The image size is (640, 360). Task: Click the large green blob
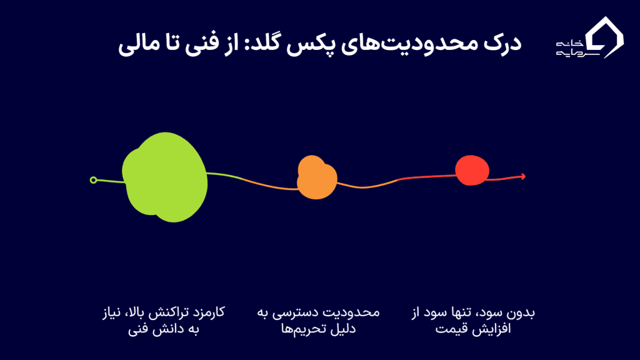pyautogui.click(x=165, y=177)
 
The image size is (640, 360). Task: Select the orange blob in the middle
pyautogui.click(x=317, y=177)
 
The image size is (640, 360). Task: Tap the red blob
pyautogui.click(x=472, y=170)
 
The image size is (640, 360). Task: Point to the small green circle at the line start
pyautogui.click(x=94, y=180)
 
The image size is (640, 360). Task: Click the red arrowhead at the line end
pyautogui.click(x=523, y=176)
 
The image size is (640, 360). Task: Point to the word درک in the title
pyautogui.click(x=502, y=43)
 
